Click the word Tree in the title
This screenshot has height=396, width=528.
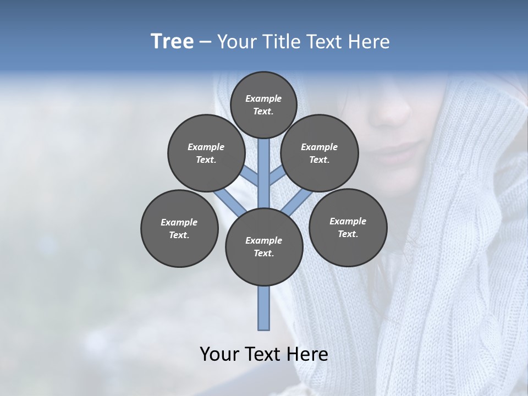[x=172, y=41]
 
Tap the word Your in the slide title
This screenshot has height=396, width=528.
[x=236, y=42]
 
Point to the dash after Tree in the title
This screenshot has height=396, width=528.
[x=205, y=42]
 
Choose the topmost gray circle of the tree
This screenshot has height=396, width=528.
[x=263, y=105]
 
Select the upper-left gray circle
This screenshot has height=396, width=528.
[x=206, y=153]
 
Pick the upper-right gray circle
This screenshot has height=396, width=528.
[x=319, y=153]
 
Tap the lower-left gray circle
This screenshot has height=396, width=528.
[x=179, y=228]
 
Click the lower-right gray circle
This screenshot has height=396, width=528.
[x=348, y=227]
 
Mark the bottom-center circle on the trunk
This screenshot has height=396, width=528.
[x=263, y=246]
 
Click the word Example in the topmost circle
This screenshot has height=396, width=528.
[x=263, y=98]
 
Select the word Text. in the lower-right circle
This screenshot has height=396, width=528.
[x=348, y=234]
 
